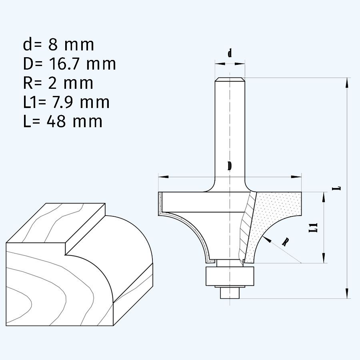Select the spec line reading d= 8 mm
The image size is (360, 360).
[58, 45]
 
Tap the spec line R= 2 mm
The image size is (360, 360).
[58, 83]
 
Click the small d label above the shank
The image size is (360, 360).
[230, 53]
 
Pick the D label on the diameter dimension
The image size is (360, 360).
[230, 166]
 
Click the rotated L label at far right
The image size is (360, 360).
[339, 187]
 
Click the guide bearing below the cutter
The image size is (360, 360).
[230, 276]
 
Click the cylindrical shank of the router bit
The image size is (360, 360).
[230, 128]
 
